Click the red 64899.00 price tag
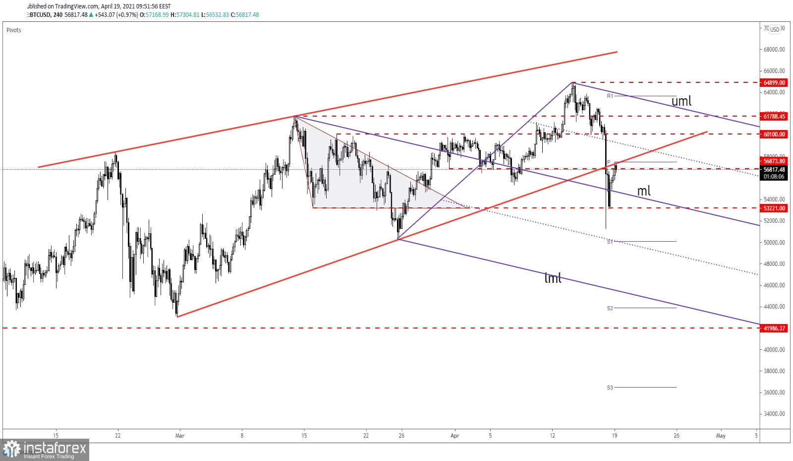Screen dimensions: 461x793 point(774,83)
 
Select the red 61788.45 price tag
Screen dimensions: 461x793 point(774,117)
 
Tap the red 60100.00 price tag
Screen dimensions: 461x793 point(774,134)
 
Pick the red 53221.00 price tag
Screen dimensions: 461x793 point(774,208)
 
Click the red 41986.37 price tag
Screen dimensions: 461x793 point(774,329)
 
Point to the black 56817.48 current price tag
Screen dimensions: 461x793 point(774,170)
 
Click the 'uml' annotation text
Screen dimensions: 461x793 point(681,101)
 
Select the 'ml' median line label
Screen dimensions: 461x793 point(643,191)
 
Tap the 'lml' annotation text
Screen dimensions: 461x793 point(553,278)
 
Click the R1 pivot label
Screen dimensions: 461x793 point(610,96)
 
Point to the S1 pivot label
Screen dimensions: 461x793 point(610,242)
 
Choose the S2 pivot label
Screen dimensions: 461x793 point(610,308)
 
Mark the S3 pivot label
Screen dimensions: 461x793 point(610,388)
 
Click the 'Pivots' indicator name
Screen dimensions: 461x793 point(14,30)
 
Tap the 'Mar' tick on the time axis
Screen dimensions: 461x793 point(179,436)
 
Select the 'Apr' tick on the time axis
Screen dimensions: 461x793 point(454,436)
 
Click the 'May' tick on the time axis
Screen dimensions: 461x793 point(721,436)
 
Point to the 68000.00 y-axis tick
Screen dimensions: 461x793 point(774,50)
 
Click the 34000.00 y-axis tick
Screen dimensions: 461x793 point(774,414)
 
